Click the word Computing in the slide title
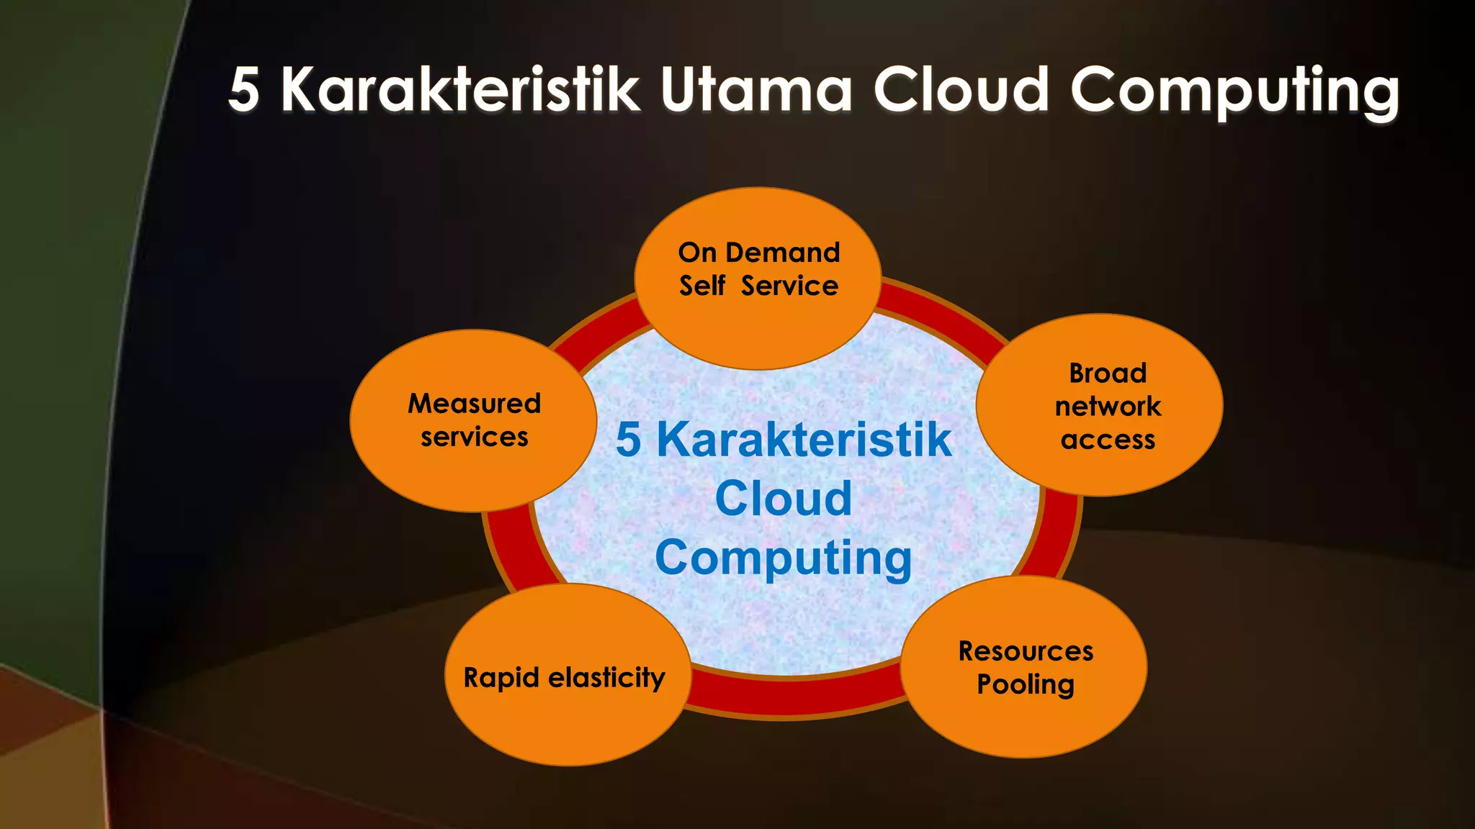tap(1234, 92)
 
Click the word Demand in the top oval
tap(783, 253)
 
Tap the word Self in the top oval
tap(701, 286)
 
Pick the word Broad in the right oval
tap(1107, 373)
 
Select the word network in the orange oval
tap(1108, 406)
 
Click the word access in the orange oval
tap(1108, 439)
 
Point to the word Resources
tap(1026, 651)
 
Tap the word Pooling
tap(1026, 684)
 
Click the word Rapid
tap(501, 678)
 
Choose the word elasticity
tap(606, 677)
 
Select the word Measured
tap(474, 403)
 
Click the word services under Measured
tap(474, 437)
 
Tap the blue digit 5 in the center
tap(628, 439)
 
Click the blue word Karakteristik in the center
tap(804, 439)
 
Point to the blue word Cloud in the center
tap(784, 498)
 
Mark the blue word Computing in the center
tap(784, 558)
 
